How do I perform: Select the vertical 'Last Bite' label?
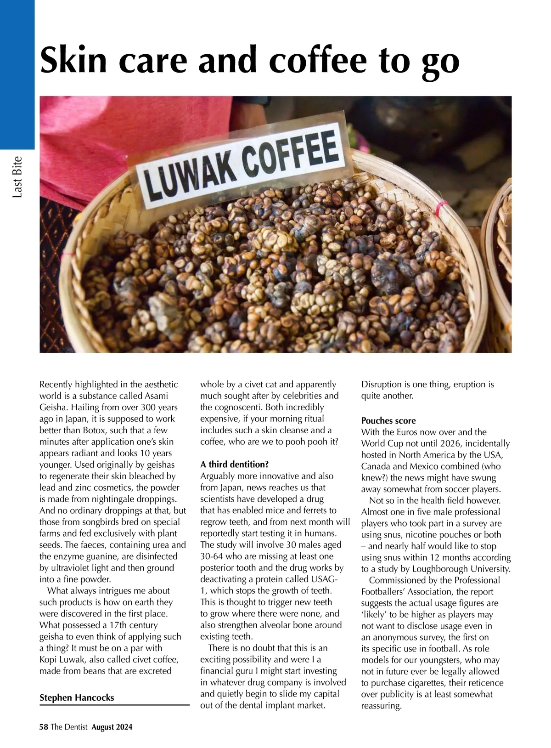17,177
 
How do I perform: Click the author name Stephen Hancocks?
77,697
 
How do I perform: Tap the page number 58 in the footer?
44,727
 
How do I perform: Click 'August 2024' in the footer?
112,727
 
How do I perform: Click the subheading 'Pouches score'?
388,420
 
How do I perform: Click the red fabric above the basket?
92,138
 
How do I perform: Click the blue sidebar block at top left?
17,74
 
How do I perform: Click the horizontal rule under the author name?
114,705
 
